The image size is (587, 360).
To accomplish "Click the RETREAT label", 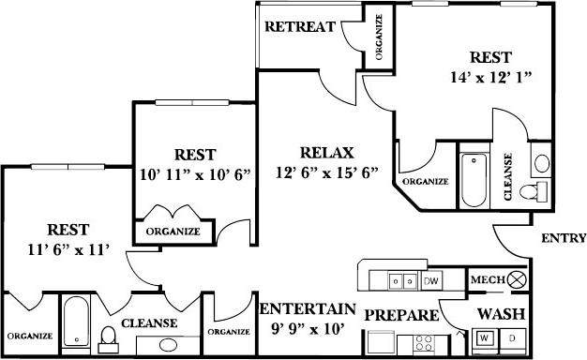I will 299,26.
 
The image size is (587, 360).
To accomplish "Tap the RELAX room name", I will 326,153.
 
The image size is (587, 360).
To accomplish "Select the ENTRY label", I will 564,238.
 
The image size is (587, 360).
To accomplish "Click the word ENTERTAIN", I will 308,309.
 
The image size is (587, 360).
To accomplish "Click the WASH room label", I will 501,313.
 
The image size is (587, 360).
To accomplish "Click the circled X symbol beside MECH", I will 517,279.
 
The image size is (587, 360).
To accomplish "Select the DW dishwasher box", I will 431,280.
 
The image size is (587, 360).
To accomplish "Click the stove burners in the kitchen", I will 427,340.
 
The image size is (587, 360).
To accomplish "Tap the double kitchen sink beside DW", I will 404,280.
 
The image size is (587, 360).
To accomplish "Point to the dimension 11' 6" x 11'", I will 69,248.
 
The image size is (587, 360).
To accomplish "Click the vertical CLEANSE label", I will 507,176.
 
